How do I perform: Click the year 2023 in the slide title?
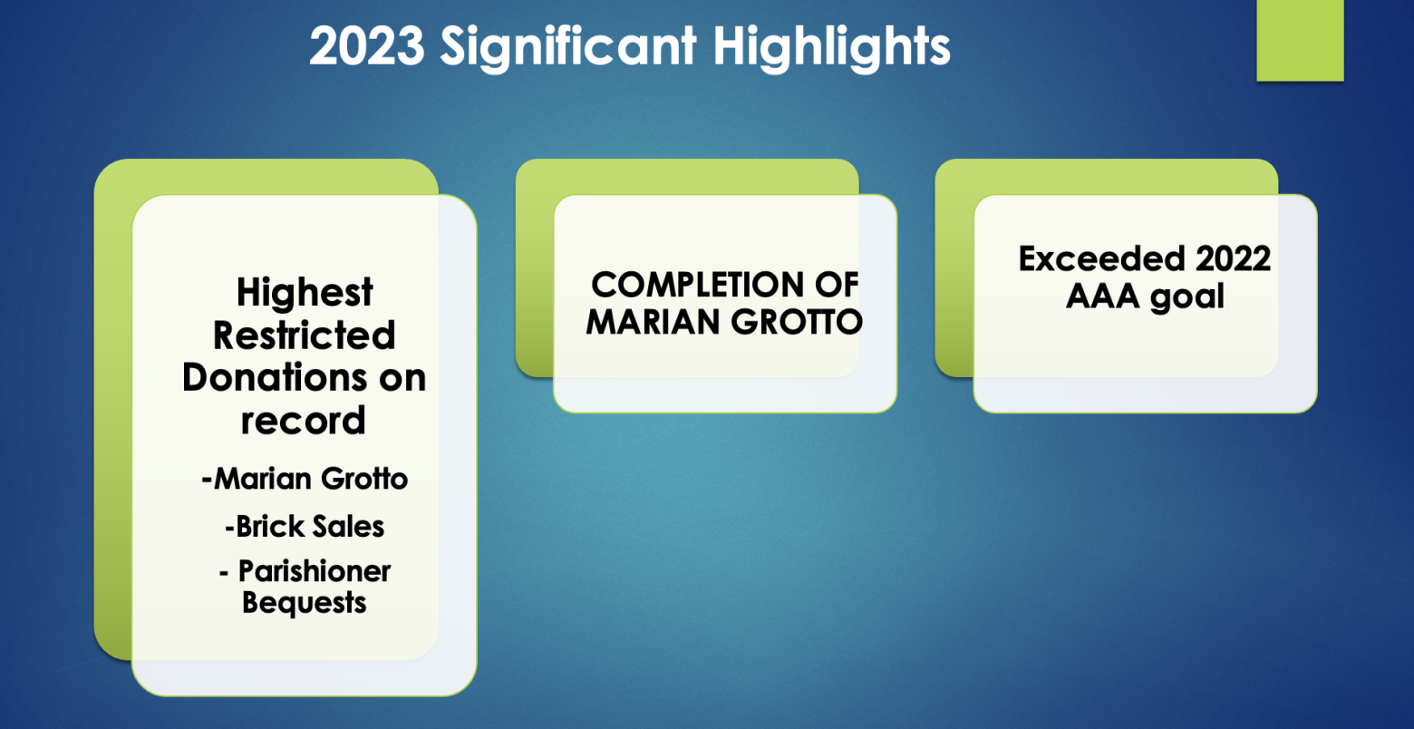coord(367,45)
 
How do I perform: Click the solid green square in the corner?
coord(1301,41)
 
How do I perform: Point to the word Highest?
coord(305,293)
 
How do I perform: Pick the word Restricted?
coord(305,335)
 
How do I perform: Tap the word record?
coord(303,421)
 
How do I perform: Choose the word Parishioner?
coord(315,571)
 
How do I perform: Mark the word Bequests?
coord(305,602)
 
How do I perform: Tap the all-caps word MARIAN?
coord(653,322)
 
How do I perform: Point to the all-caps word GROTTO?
coord(798,322)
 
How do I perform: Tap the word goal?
coord(1187,296)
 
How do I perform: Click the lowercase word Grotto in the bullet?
coord(364,478)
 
